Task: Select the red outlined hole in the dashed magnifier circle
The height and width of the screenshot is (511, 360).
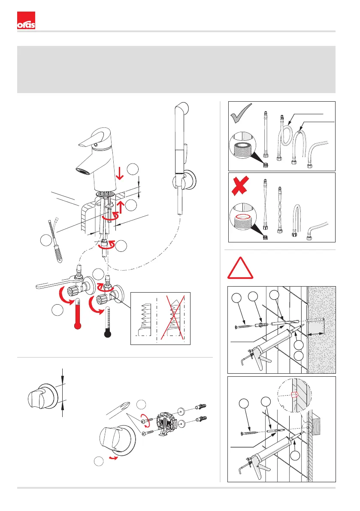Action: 294,393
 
